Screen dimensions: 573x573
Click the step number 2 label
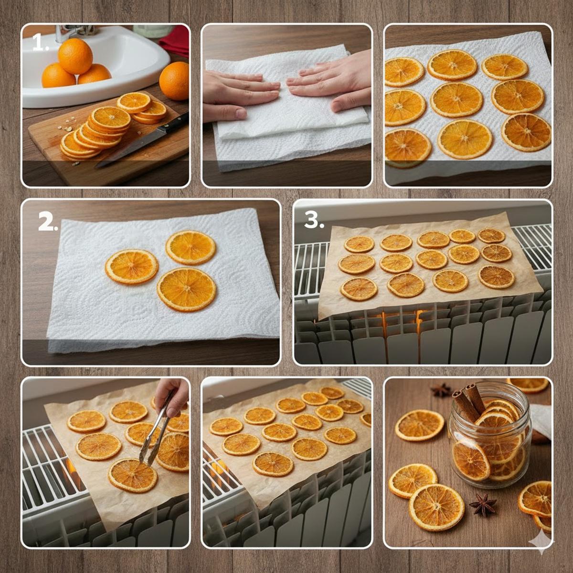pyautogui.click(x=48, y=223)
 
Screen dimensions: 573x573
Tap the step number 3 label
pyautogui.click(x=314, y=220)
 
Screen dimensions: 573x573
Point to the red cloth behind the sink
pyautogui.click(x=175, y=40)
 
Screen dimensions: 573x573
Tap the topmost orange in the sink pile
pyautogui.click(x=75, y=56)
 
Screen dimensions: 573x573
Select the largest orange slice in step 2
pyautogui.click(x=186, y=289)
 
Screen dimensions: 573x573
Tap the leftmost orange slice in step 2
pyautogui.click(x=131, y=266)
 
